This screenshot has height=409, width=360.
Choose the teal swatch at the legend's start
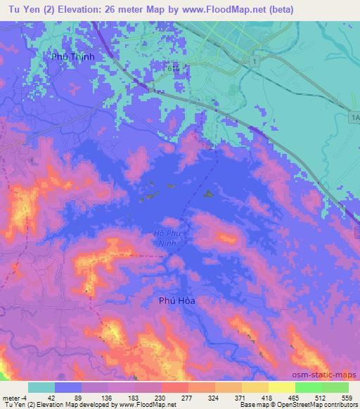41,387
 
